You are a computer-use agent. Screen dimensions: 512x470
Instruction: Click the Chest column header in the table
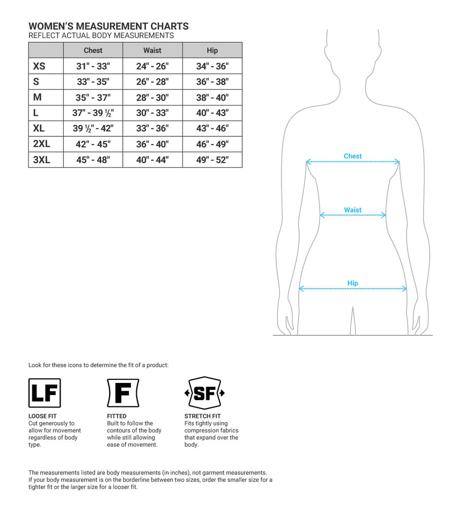(93, 51)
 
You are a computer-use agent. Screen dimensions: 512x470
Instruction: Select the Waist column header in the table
(152, 51)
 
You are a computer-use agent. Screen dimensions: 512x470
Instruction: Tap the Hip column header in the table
(212, 51)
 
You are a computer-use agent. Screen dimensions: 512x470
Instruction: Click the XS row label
(39, 66)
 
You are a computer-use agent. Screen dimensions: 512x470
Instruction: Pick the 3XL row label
(42, 160)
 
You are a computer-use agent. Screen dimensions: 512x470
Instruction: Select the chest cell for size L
(93, 113)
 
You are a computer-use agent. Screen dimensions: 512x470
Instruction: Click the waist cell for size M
(152, 97)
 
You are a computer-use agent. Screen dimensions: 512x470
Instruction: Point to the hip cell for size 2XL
(212, 144)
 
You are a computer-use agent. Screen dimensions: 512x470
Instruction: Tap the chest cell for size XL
(93, 129)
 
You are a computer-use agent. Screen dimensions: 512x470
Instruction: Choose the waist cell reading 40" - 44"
(152, 160)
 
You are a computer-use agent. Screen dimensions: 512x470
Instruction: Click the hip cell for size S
(212, 82)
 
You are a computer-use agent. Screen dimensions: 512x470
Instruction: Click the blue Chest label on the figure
(352, 156)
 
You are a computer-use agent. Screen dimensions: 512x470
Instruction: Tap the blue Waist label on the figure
(352, 210)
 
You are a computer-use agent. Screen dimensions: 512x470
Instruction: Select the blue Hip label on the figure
(352, 283)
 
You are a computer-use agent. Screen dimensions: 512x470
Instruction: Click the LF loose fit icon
(44, 393)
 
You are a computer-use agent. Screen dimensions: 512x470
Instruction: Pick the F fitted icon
(123, 393)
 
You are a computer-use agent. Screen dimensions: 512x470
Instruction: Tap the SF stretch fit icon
(204, 393)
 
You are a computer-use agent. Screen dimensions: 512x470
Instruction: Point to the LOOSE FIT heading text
(42, 416)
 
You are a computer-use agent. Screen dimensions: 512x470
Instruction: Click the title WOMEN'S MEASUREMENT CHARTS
(109, 26)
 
